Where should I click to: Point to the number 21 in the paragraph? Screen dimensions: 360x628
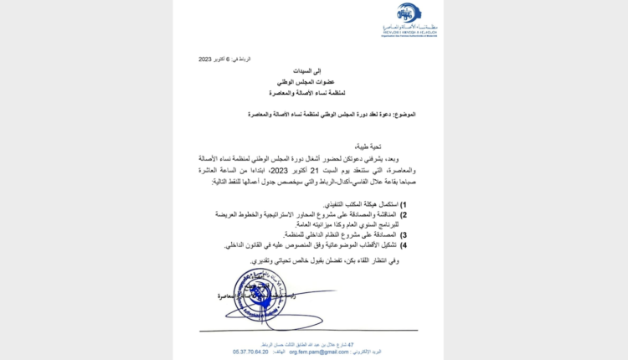tap(307, 170)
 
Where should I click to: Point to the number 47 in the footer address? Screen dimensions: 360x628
tap(351, 344)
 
